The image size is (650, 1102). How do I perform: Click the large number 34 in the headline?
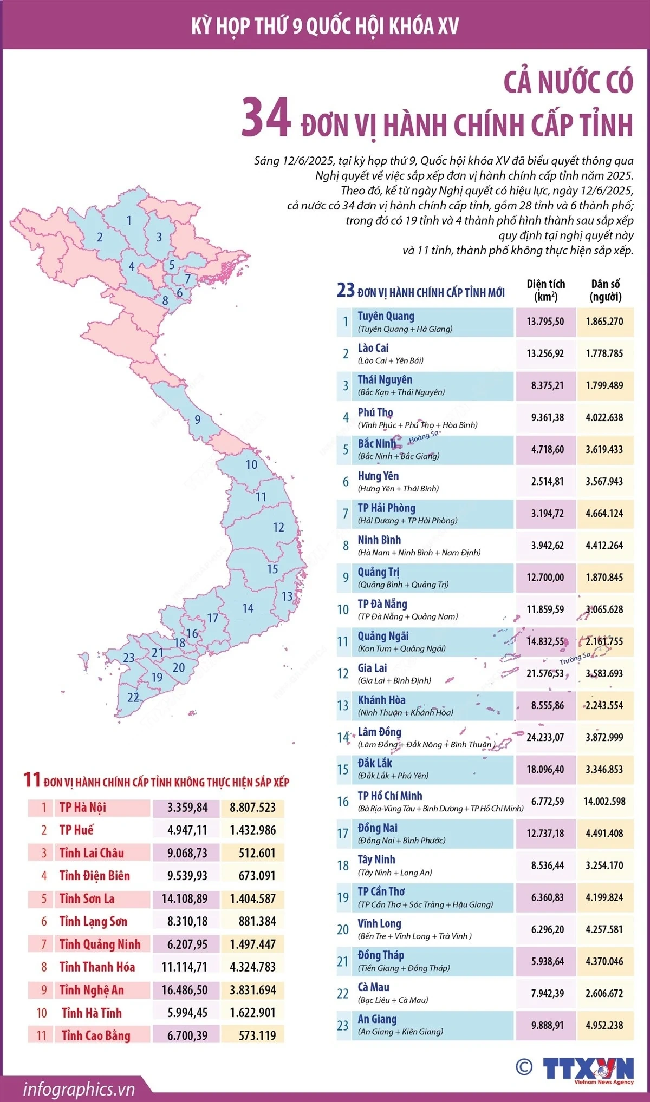[266, 118]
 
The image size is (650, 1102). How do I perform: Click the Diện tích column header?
[545, 290]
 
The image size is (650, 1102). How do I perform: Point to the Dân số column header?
[605, 290]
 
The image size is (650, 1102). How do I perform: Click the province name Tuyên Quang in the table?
[386, 316]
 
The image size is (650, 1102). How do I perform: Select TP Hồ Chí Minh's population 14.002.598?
[604, 801]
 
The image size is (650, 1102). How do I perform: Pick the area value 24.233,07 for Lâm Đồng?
[545, 737]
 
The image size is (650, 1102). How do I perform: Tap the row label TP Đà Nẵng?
[382, 604]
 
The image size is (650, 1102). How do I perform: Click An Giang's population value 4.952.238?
[604, 1025]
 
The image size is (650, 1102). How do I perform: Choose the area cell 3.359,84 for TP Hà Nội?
[187, 808]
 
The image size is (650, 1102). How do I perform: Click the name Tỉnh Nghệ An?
[92, 990]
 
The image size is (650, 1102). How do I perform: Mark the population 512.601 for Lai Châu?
[257, 853]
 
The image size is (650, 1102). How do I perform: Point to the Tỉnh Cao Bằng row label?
[96, 1035]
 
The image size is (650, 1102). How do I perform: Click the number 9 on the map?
[198, 419]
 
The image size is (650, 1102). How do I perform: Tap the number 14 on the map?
[248, 608]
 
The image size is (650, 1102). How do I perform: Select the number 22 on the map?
[133, 698]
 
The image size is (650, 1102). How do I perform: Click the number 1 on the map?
[129, 220]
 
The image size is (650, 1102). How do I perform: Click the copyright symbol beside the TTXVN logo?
[523, 1067]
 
